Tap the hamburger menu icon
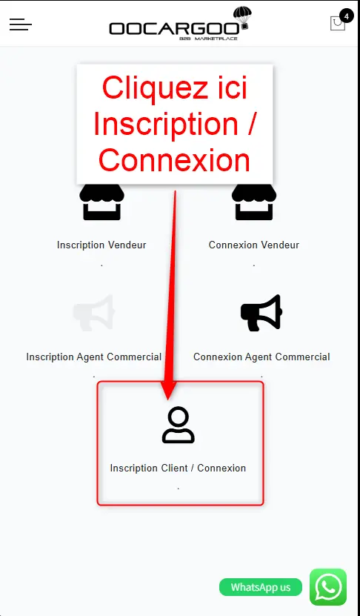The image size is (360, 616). click(21, 24)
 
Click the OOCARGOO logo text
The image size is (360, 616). click(174, 29)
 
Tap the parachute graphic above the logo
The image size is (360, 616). click(242, 17)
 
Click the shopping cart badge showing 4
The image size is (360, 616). click(346, 16)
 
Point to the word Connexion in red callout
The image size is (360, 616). click(174, 160)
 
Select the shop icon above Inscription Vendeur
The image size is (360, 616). click(101, 202)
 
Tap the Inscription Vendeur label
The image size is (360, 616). click(101, 245)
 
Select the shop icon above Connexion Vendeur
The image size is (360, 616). click(254, 202)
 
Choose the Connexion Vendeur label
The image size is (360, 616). click(254, 245)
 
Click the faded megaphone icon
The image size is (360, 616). click(94, 313)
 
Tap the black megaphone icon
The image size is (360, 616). click(261, 312)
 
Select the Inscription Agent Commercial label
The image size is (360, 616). click(94, 357)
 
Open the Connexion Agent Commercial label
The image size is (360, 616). click(261, 357)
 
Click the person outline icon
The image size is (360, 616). click(179, 425)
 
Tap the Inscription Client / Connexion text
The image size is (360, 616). click(178, 468)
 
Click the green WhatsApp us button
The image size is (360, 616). click(261, 587)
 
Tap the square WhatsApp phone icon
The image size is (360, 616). click(328, 587)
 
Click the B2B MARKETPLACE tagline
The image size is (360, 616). click(208, 39)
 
